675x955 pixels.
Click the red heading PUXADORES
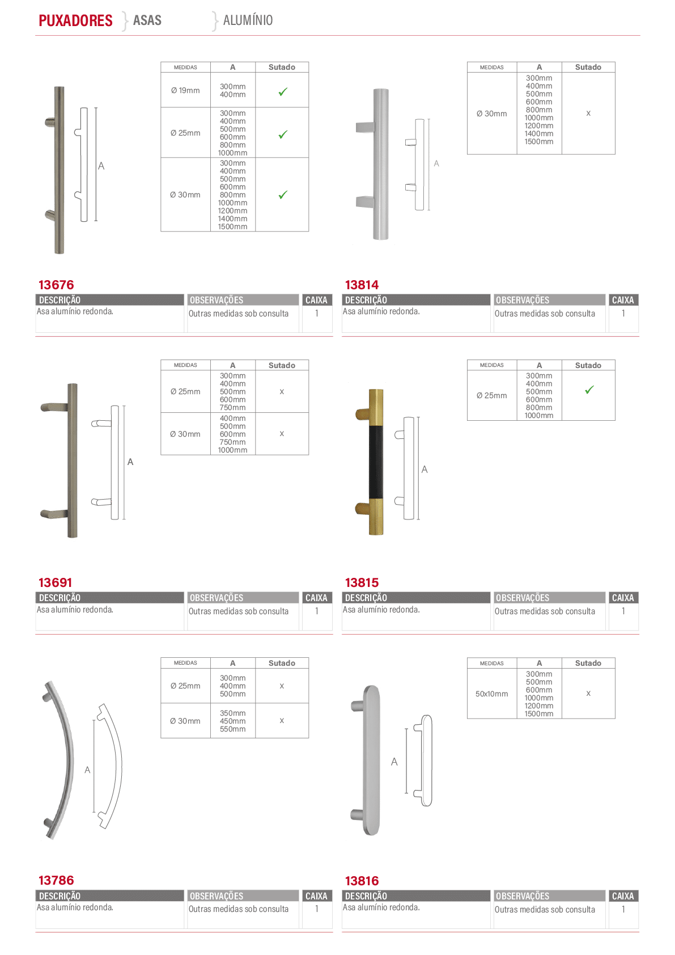click(x=75, y=20)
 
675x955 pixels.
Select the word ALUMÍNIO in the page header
click(x=248, y=20)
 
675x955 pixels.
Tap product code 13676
click(x=56, y=284)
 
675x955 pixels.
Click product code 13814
click(x=362, y=284)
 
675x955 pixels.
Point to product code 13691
click(x=56, y=582)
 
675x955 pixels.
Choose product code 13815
click(x=362, y=582)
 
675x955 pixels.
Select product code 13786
click(x=56, y=880)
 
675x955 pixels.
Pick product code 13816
click(x=362, y=880)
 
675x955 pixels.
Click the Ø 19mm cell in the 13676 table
click(x=185, y=90)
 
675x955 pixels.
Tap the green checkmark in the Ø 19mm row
click(x=283, y=91)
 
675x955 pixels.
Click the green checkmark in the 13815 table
click(x=589, y=390)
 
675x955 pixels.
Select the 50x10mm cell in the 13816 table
click(x=492, y=694)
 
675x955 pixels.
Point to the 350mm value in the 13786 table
click(x=233, y=713)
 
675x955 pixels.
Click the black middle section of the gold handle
click(x=376, y=461)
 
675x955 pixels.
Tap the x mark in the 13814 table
click(x=588, y=113)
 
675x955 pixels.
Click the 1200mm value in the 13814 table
click(x=539, y=125)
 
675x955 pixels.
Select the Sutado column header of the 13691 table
click(x=282, y=365)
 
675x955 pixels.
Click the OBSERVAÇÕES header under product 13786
click(x=216, y=896)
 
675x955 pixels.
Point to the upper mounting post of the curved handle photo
click(x=46, y=697)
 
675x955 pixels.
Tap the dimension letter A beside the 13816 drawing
click(x=394, y=762)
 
